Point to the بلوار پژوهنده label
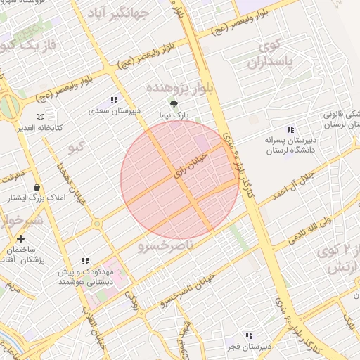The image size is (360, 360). (178, 88)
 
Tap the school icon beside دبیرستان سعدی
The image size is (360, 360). (115, 101)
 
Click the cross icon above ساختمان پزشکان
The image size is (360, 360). (21, 239)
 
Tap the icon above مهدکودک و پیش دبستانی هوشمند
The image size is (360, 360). (86, 261)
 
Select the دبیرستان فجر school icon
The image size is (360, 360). (248, 335)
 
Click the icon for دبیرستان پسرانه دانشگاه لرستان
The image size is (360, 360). (290, 129)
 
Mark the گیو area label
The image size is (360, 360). (75, 148)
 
